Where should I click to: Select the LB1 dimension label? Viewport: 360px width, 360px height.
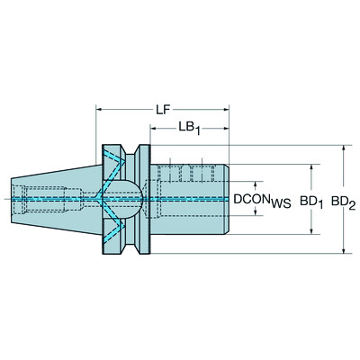tap(188, 130)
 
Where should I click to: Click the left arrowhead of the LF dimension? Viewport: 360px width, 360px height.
tap(99, 110)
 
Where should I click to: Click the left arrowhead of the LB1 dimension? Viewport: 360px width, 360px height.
tap(154, 130)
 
